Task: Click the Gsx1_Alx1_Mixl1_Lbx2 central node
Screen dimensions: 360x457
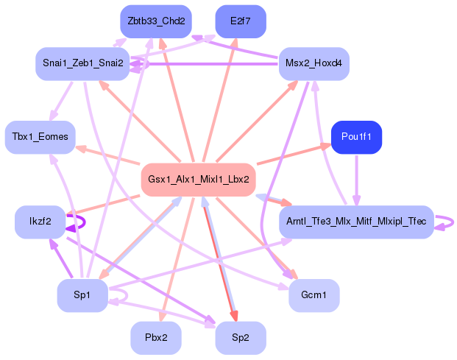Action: pos(198,179)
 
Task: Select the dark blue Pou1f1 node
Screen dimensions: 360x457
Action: pos(356,137)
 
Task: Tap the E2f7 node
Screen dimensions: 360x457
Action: pos(241,21)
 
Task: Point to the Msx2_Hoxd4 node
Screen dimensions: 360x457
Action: pos(313,64)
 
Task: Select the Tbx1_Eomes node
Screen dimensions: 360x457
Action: pos(40,137)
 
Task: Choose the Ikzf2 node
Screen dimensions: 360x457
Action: pos(40,222)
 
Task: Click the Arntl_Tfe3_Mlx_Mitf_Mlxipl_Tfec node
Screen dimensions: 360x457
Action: pos(356,222)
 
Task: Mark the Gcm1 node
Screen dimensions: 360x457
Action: pos(313,295)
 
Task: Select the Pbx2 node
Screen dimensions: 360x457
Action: pos(155,338)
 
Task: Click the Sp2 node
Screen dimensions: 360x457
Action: pos(241,338)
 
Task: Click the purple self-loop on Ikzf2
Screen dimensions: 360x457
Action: pos(82,222)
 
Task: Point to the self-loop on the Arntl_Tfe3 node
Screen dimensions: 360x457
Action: pos(447,222)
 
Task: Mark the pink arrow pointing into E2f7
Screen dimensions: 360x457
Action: pos(222,96)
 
